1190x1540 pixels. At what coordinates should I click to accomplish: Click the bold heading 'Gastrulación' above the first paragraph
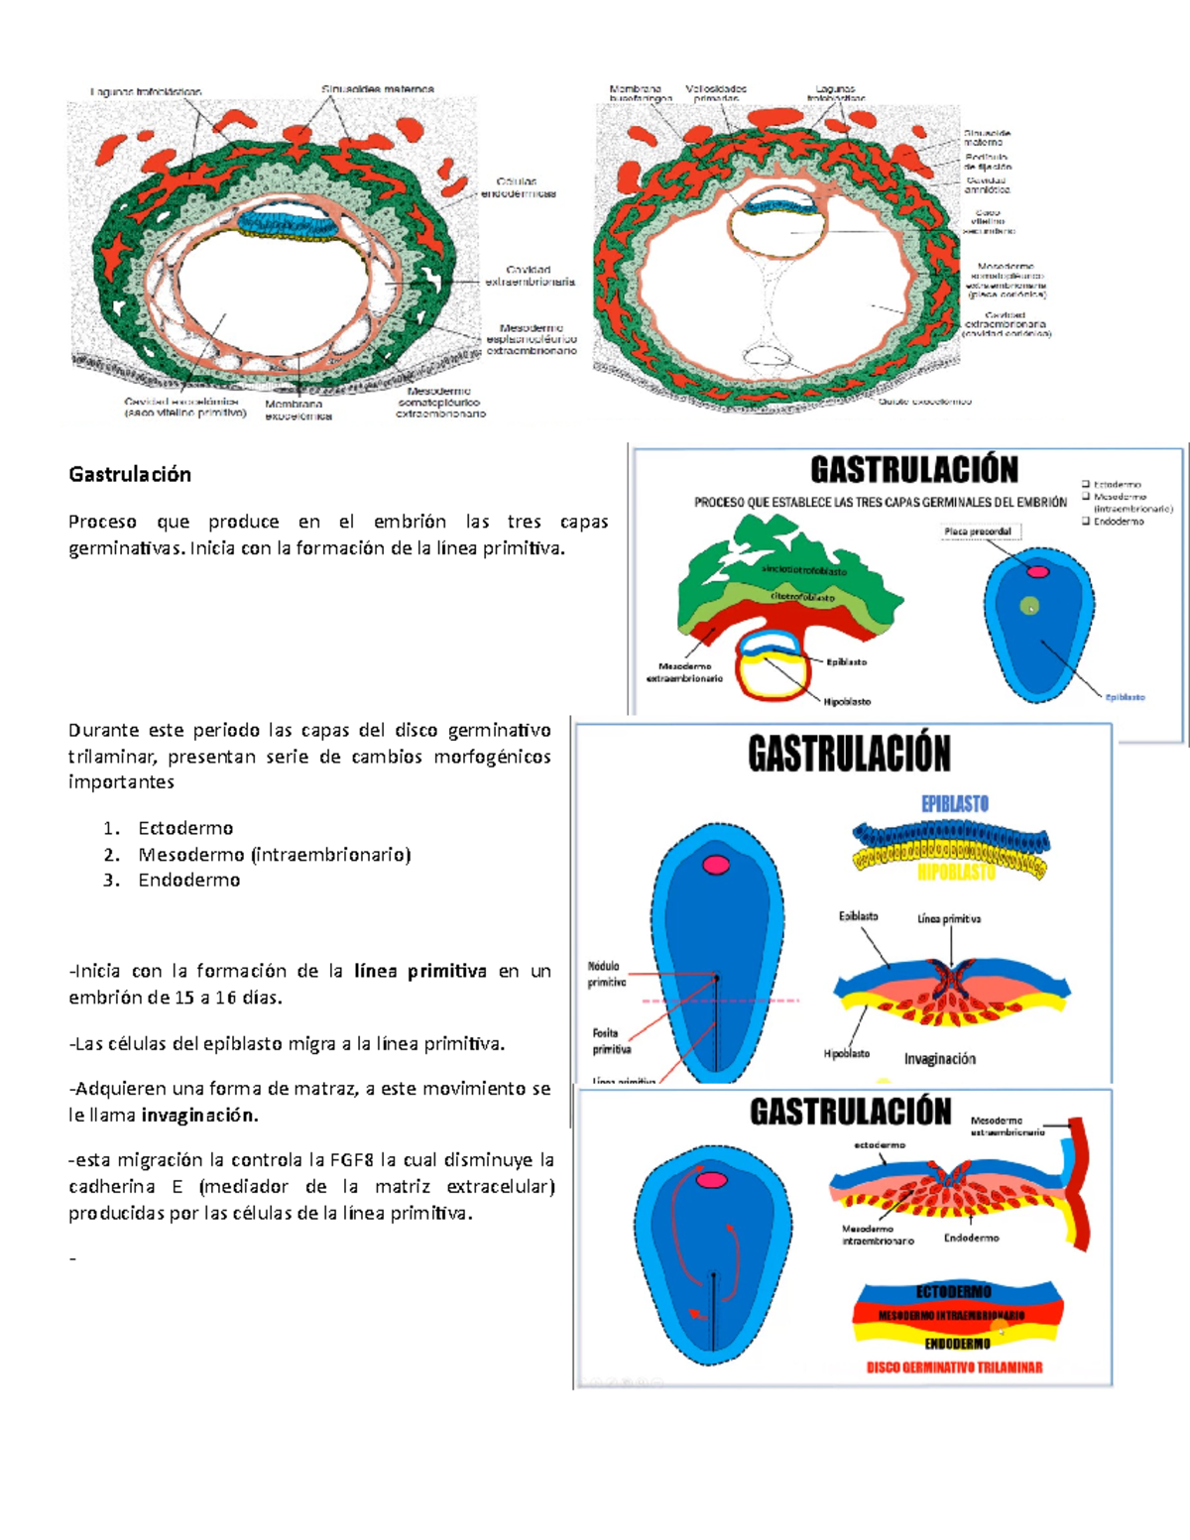click(x=130, y=474)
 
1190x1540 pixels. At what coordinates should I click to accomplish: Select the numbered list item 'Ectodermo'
click(x=185, y=828)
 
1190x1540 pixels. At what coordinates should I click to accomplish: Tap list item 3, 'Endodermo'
click(x=188, y=880)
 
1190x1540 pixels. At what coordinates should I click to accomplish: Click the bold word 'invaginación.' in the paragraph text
click(x=199, y=1115)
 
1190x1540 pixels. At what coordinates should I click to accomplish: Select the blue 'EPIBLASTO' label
click(x=954, y=803)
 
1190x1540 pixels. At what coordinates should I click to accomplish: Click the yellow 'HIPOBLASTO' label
click(x=956, y=873)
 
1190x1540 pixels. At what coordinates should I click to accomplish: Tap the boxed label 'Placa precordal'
click(x=978, y=532)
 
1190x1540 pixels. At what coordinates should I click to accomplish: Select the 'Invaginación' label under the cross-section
click(x=939, y=1059)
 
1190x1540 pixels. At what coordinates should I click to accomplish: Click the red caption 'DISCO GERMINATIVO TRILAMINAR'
click(x=954, y=1367)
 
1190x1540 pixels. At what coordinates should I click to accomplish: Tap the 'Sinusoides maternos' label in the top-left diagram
click(x=377, y=89)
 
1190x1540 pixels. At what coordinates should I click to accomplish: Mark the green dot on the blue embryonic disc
click(x=1029, y=606)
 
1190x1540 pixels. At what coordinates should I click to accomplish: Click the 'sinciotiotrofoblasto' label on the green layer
click(x=804, y=571)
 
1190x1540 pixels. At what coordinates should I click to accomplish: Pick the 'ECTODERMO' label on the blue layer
click(x=953, y=1292)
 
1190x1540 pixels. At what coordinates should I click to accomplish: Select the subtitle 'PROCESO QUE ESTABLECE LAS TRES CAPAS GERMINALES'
click(x=881, y=503)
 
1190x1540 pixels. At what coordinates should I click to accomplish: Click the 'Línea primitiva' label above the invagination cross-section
click(x=949, y=919)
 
